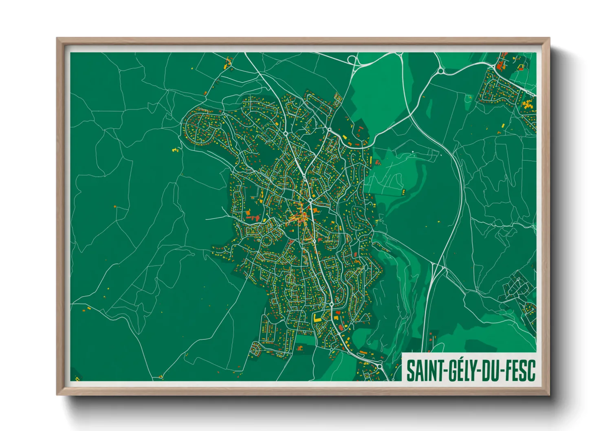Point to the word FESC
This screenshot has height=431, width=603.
519,371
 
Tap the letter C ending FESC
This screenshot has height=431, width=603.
530,371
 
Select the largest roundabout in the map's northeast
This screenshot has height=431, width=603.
441,71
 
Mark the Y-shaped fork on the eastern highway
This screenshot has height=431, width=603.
435,267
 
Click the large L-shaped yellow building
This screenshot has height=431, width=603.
317,317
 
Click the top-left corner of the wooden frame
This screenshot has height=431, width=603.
57,38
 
